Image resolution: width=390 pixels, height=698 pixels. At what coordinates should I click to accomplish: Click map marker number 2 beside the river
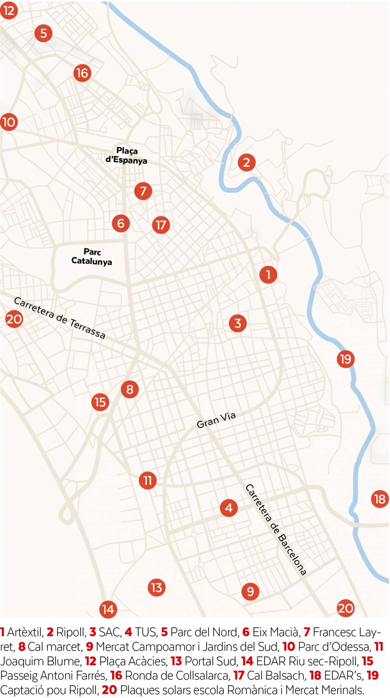click(x=246, y=162)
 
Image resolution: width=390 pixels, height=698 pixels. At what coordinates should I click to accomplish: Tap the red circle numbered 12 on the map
click(x=8, y=10)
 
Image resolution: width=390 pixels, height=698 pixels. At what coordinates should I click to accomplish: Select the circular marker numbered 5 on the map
click(x=43, y=33)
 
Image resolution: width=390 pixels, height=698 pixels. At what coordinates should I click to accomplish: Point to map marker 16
click(x=82, y=73)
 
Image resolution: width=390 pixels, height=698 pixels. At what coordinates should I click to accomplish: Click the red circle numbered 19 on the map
click(x=345, y=359)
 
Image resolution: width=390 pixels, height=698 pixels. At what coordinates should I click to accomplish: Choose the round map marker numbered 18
click(x=380, y=499)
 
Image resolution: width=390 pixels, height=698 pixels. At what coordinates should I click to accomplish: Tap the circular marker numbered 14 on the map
click(x=108, y=609)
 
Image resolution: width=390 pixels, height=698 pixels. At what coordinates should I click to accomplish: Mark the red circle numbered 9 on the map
click(x=250, y=591)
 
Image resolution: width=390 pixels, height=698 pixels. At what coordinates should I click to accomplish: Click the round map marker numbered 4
click(x=229, y=508)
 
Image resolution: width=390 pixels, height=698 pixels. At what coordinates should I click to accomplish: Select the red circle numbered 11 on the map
click(x=148, y=481)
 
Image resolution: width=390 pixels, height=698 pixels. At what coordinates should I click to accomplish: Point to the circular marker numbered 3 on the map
click(x=238, y=323)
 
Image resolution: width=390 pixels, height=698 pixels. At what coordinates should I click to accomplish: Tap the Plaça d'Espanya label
click(x=126, y=155)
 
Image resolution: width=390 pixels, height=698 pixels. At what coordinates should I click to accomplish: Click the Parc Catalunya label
click(x=92, y=257)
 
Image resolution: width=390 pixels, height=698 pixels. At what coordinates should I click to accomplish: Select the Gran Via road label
click(x=216, y=420)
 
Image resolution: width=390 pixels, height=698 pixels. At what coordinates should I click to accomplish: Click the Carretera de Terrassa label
click(x=60, y=318)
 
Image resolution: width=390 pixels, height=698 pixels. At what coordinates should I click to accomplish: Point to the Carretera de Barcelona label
click(x=276, y=530)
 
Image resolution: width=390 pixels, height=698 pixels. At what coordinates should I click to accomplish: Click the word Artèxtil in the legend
click(x=25, y=632)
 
